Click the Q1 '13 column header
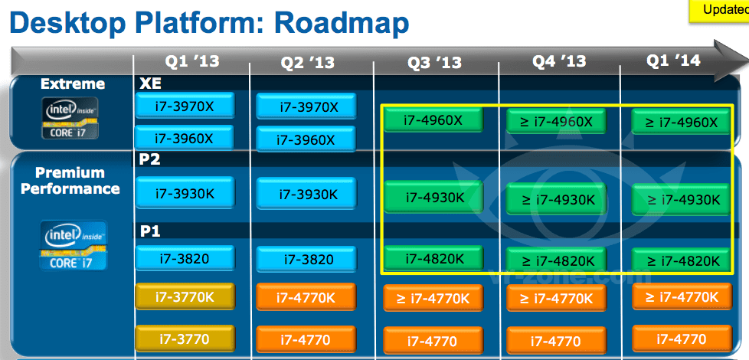pos(192,61)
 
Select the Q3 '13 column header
pos(434,63)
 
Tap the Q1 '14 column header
pos(673,61)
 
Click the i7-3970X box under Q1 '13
pos(185,106)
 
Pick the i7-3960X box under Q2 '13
pos(306,139)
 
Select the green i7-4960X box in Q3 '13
pos(433,119)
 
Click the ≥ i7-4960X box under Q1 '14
pos(681,122)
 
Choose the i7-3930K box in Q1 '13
pos(185,192)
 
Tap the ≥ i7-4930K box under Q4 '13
pos(556,199)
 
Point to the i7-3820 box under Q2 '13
pos(306,259)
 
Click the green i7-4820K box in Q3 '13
pos(433,258)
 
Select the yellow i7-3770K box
pos(185,296)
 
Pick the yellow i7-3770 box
pos(185,339)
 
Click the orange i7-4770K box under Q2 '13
pos(306,297)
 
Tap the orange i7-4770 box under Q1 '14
pos(682,339)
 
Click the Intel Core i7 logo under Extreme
pos(70,118)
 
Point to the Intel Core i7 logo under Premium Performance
pos(73,245)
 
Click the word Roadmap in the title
pos(333,25)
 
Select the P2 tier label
pos(149,160)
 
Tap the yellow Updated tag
pos(719,11)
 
